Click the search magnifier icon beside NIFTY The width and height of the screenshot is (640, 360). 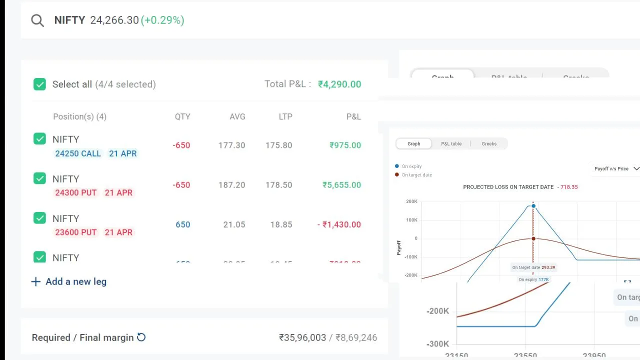[37, 20]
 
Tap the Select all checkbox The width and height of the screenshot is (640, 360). [39, 84]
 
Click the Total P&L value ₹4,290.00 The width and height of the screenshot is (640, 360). [339, 84]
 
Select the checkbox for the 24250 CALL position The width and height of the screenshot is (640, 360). [39, 139]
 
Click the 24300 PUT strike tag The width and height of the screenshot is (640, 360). [76, 192]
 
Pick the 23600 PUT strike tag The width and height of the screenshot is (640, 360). [76, 232]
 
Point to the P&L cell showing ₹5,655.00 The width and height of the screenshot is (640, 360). [341, 185]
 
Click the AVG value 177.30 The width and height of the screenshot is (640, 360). [231, 145]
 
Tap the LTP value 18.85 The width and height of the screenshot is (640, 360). [281, 224]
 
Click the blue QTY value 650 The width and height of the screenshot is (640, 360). [182, 224]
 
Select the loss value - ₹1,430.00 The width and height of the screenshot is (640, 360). [339, 224]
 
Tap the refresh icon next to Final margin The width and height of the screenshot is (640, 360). [141, 337]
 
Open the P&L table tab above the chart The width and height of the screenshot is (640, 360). [451, 143]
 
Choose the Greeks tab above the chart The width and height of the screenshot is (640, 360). [489, 143]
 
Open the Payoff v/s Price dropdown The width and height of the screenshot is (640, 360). [616, 168]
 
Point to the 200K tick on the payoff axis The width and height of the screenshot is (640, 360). [411, 201]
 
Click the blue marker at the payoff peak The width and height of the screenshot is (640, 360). [533, 206]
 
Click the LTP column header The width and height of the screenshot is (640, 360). [285, 116]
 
